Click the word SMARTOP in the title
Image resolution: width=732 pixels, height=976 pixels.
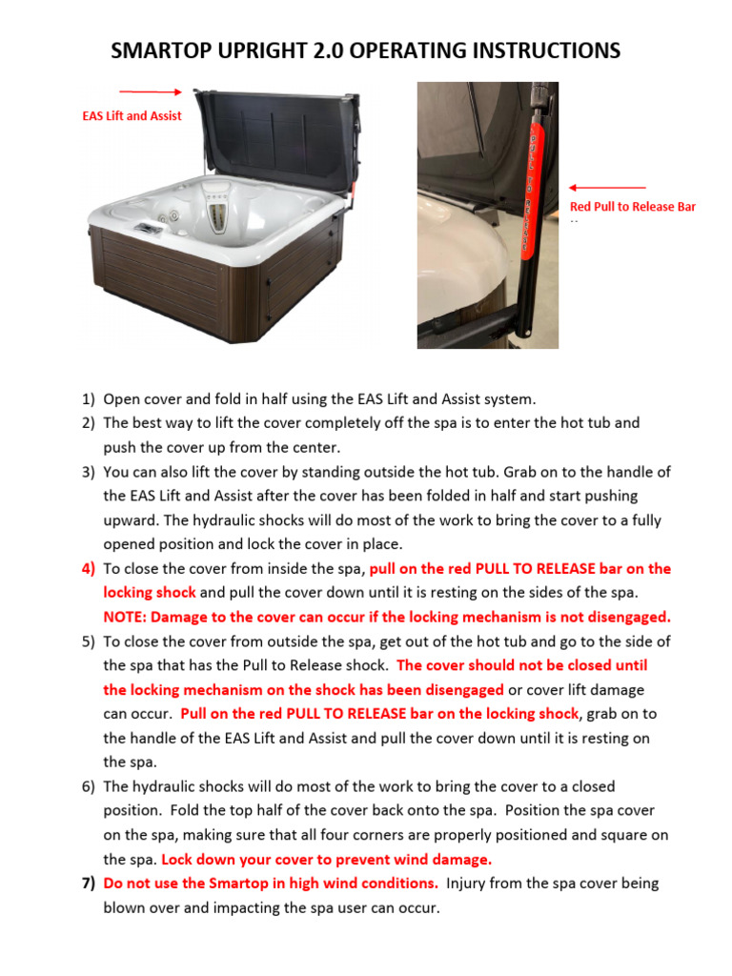click(163, 51)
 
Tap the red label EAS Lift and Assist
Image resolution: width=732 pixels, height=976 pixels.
click(132, 116)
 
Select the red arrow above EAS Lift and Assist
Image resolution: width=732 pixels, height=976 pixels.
click(152, 92)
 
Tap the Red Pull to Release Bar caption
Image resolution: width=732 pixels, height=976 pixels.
click(632, 207)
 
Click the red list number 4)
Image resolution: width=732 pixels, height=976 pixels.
click(88, 569)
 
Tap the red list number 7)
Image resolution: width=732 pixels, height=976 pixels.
click(88, 884)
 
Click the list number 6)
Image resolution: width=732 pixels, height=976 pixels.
click(88, 786)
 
